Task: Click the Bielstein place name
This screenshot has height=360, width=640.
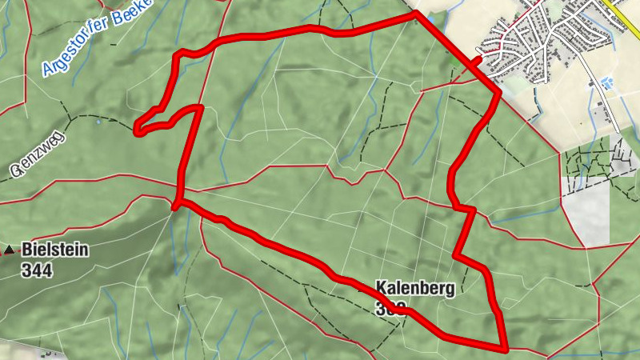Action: coord(55,250)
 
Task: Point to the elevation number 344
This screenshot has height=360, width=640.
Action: coord(37,270)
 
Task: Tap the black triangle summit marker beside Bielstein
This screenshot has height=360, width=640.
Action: coord(9,251)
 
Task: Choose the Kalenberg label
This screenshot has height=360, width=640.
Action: coord(414,290)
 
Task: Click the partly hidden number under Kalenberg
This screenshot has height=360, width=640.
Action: coord(390,308)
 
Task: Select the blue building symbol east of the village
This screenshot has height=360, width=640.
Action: coord(606,82)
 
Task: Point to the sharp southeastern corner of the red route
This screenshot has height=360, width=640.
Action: coord(506,349)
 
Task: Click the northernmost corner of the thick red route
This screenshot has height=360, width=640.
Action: coord(415,14)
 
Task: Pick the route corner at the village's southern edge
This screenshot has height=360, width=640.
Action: coord(498,94)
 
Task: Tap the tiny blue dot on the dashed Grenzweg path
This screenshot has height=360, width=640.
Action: coord(98,122)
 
